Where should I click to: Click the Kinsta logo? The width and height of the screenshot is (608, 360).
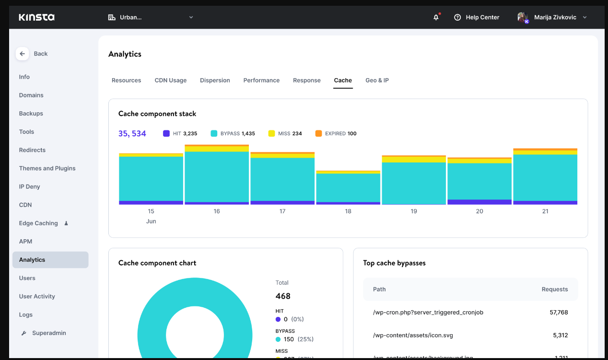point(36,17)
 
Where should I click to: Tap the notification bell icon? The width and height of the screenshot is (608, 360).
point(436,17)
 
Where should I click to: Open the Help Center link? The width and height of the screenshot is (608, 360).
point(477,17)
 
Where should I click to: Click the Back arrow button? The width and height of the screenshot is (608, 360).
point(22,54)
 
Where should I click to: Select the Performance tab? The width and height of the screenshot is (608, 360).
point(261,81)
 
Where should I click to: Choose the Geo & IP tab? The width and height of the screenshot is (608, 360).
point(377,81)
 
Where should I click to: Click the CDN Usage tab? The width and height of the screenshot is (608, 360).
point(170,81)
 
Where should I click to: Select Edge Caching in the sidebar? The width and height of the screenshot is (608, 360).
point(38,223)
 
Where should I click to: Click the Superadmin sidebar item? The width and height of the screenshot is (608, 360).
point(48,333)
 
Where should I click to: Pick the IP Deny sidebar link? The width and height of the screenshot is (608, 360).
point(29,187)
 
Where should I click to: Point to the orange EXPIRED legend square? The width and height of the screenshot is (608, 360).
point(318,133)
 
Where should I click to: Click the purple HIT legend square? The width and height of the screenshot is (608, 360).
point(166,133)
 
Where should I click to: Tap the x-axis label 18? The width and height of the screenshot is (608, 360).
point(348,211)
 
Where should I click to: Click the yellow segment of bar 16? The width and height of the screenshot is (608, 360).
point(217,149)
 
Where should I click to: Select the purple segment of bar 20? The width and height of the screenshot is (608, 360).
point(479,202)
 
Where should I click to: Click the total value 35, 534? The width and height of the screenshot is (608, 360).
point(132,134)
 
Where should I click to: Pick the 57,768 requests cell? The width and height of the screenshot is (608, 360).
point(559,313)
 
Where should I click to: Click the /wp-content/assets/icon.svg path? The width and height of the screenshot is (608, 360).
point(413,336)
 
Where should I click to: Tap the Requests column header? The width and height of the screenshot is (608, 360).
point(554,290)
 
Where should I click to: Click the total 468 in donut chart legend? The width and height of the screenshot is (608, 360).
point(283,296)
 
